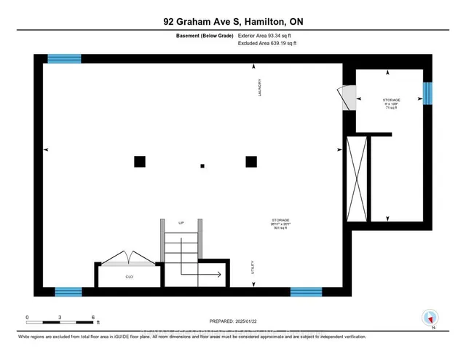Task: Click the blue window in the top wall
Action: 64,59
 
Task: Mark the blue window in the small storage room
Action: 427,93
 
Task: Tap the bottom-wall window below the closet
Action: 68,291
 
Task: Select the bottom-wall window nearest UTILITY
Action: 306,291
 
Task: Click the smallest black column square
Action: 202,165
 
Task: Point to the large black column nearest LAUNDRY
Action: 251,162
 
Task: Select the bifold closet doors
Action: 127,257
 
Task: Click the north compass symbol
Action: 430,318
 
